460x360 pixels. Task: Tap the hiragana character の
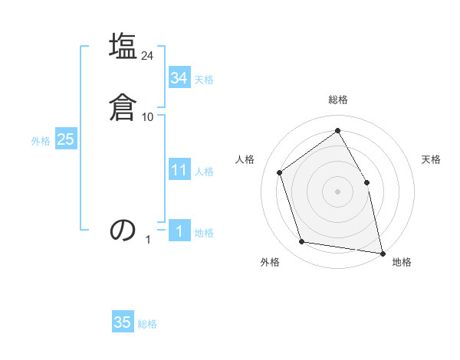coord(123,230)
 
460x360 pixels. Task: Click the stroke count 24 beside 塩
coord(148,56)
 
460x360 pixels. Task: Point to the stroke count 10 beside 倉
coord(148,117)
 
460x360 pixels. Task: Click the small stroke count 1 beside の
coord(148,240)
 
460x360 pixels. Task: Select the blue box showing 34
coord(179,78)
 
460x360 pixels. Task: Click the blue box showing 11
coord(179,170)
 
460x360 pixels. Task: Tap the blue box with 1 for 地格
coord(179,231)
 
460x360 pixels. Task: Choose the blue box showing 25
coord(65,139)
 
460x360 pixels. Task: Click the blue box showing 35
coord(123,322)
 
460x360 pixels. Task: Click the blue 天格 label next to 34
coord(204,79)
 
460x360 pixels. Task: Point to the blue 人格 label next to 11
coord(204,171)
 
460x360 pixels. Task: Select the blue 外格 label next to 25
coord(41,140)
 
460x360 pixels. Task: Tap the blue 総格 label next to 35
coord(147,324)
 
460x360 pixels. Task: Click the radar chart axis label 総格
coord(337,100)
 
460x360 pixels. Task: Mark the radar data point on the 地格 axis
coord(382,252)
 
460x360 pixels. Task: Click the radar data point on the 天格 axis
coord(366,182)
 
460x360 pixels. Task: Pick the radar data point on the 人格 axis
coord(280,172)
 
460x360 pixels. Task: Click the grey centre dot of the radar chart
coord(337,191)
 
